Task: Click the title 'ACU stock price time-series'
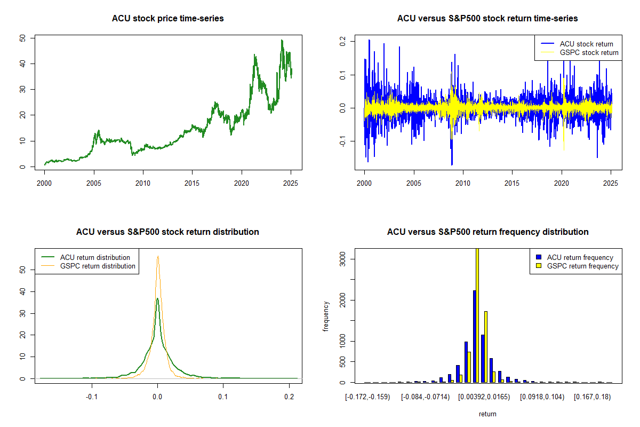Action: (x=167, y=19)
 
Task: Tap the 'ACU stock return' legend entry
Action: (x=586, y=44)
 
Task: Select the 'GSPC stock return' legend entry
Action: (x=589, y=52)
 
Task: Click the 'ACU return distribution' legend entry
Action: (x=95, y=257)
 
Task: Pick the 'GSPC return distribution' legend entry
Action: (x=98, y=266)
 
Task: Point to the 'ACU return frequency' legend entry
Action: (x=581, y=257)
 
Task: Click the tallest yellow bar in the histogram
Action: (x=477, y=315)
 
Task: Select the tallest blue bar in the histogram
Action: (x=474, y=336)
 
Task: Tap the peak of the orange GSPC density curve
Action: (x=158, y=256)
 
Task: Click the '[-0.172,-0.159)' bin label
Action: (x=367, y=397)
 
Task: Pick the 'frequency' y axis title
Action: (x=326, y=316)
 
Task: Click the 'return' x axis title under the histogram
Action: (x=487, y=414)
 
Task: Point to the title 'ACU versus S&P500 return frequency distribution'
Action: (x=487, y=232)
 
